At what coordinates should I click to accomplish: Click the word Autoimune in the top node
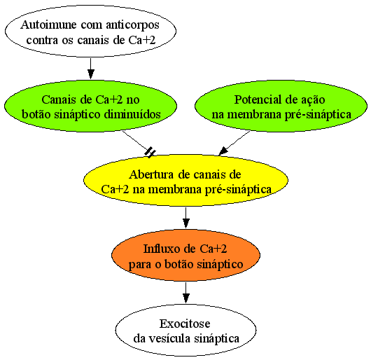[x=48, y=25]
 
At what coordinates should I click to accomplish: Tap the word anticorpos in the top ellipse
[x=132, y=25]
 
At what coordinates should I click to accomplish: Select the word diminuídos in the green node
[x=132, y=114]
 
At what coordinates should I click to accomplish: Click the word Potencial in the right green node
[x=256, y=99]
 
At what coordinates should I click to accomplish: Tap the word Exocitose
[x=185, y=324]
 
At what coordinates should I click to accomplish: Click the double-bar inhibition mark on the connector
[x=150, y=152]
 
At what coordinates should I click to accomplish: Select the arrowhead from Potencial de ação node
[x=223, y=151]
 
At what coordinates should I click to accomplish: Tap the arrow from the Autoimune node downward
[x=90, y=69]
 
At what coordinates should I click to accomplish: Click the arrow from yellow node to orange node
[x=186, y=218]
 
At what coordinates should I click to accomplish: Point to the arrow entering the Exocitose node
[x=186, y=293]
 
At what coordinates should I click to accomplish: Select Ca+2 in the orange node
[x=213, y=249]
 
